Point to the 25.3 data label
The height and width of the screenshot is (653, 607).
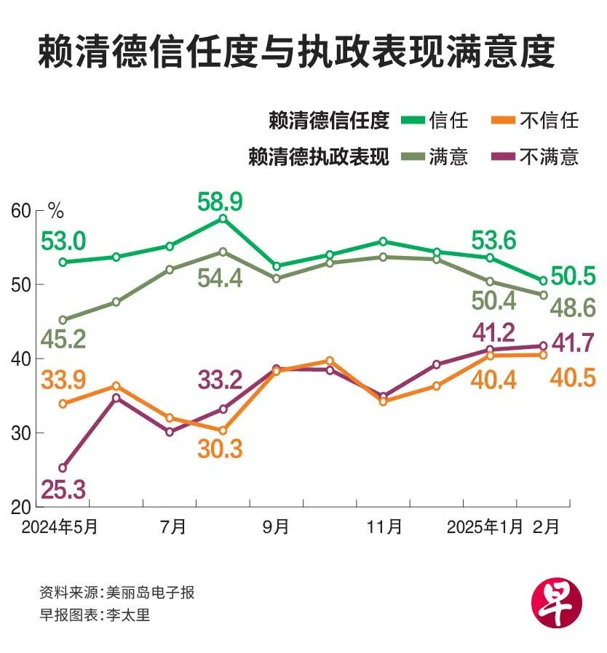[64, 489]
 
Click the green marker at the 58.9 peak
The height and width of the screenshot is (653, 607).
[223, 218]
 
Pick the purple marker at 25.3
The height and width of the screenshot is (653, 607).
[63, 468]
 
